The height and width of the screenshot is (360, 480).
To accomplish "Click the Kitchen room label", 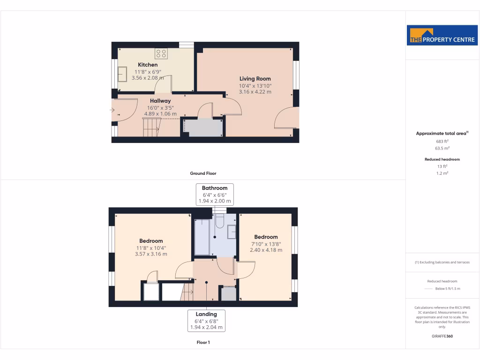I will pyautogui.click(x=148, y=65).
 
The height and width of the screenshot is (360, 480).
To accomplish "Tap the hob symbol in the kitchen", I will pyautogui.click(x=161, y=53).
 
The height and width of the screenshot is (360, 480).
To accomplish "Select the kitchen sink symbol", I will pyautogui.click(x=123, y=74).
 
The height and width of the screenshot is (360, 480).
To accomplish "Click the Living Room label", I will pyautogui.click(x=255, y=79).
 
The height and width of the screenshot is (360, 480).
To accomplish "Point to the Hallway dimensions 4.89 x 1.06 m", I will pyautogui.click(x=161, y=114).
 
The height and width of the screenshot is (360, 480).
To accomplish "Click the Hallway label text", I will pyautogui.click(x=160, y=101).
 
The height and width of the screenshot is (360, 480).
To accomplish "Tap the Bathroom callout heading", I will pyautogui.click(x=215, y=188).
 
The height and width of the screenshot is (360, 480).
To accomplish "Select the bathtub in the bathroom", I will pyautogui.click(x=202, y=237).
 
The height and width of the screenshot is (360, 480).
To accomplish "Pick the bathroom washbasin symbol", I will pyautogui.click(x=232, y=232).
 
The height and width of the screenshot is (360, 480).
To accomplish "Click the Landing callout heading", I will pyautogui.click(x=206, y=314).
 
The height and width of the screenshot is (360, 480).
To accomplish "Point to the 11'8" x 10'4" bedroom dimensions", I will pyautogui.click(x=151, y=248).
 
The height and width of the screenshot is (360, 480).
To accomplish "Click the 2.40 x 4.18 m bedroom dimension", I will pyautogui.click(x=266, y=250).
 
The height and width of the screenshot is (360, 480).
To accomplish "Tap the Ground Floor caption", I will pyautogui.click(x=203, y=173).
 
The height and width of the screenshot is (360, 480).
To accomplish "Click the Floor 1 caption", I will pyautogui.click(x=203, y=343).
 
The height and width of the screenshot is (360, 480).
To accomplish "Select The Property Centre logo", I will pyautogui.click(x=442, y=36).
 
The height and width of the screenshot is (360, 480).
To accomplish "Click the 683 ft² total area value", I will pyautogui.click(x=442, y=141).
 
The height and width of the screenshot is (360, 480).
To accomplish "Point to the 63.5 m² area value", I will pyautogui.click(x=442, y=148).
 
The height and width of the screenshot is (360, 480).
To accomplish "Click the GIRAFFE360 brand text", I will pyautogui.click(x=442, y=336).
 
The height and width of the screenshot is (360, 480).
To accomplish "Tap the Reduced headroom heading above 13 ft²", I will pyautogui.click(x=442, y=159).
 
